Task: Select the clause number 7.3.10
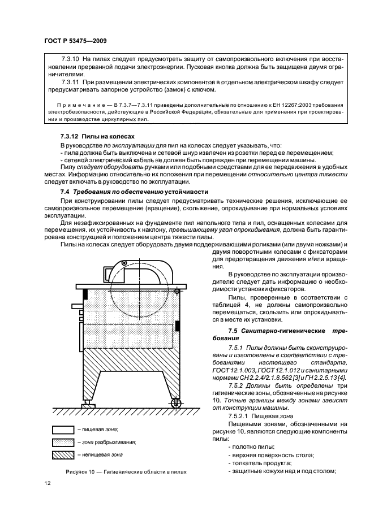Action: pos(70,59)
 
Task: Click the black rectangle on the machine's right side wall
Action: pos(177,326)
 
